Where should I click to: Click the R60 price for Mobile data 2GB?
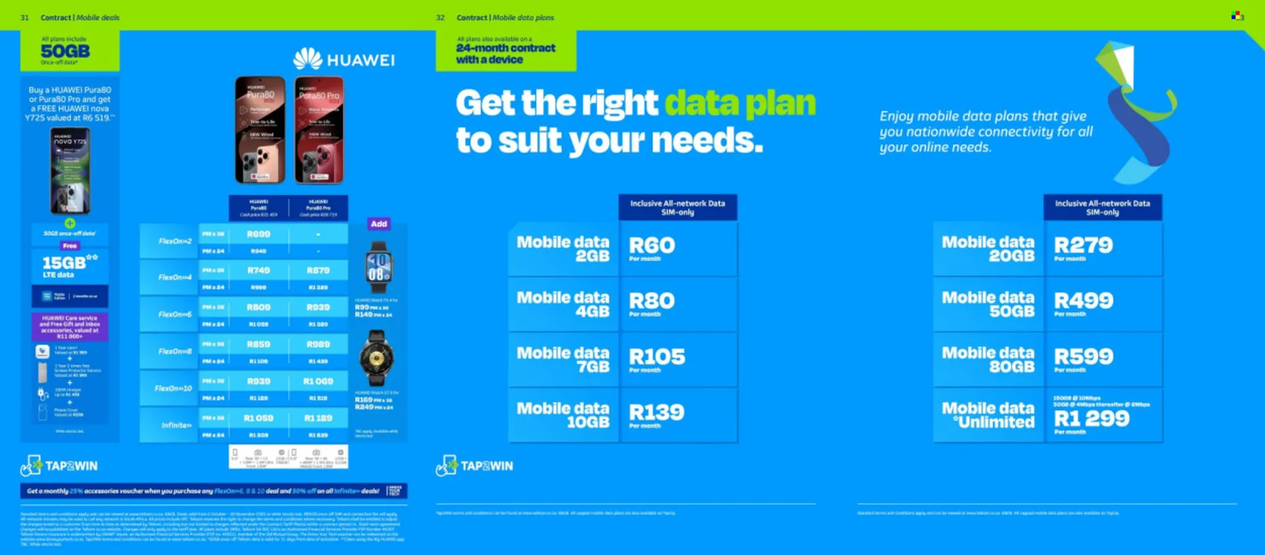coord(652,246)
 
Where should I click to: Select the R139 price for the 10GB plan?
coord(656,413)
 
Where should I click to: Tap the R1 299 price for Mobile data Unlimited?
coord(1091,419)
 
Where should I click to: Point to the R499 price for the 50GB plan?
coord(1083,301)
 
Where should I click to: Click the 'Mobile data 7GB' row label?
coord(563,359)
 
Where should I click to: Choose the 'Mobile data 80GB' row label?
coord(988,359)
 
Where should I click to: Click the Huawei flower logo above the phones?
coord(307,59)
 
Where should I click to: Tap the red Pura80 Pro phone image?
coord(320,130)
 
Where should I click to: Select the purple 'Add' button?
coord(379,224)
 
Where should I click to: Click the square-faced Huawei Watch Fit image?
coord(378,267)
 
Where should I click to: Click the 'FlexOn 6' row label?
coord(175,314)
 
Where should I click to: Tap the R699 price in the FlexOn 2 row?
coord(258,234)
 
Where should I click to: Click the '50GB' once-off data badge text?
coord(65,51)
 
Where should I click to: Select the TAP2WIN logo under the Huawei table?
coord(59,465)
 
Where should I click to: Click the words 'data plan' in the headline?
coord(739,103)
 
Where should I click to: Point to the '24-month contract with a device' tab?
coord(505,53)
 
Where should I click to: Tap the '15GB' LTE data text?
coord(65,263)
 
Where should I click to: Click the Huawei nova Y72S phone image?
coord(70,171)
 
